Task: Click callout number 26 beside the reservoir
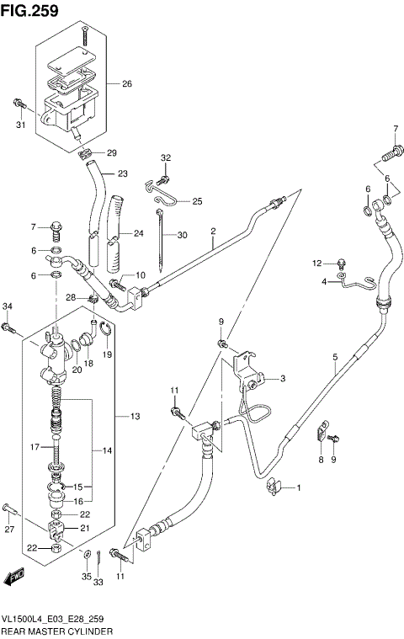tap(127, 83)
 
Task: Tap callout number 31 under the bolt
tap(21, 126)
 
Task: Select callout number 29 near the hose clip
tap(112, 152)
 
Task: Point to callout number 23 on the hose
tap(122, 174)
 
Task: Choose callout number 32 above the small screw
tap(166, 158)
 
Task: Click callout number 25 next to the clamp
tap(198, 201)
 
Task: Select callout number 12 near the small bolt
tap(317, 264)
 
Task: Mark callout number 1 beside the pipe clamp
tap(297, 488)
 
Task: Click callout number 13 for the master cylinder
tap(136, 416)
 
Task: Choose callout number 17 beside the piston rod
tap(35, 447)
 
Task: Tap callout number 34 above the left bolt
tap(8, 306)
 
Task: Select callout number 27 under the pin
tap(9, 529)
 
